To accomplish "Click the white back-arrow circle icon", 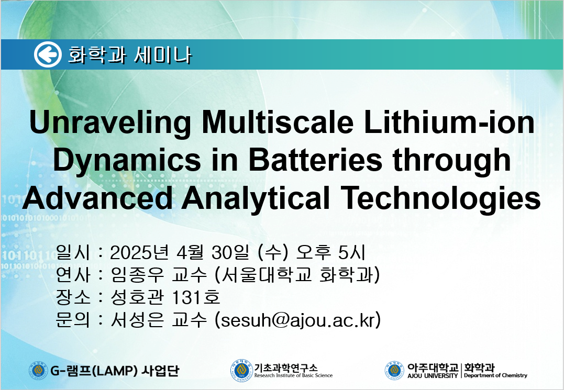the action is [48, 54].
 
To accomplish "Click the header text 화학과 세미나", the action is [130, 55].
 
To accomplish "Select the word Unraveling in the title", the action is [110, 124].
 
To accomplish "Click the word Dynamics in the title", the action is [127, 161].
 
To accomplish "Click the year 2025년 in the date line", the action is [140, 252].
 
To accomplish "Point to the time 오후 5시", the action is [330, 252].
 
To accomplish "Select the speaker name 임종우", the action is [137, 275].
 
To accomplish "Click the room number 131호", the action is [196, 297].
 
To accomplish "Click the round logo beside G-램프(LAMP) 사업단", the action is [38, 371].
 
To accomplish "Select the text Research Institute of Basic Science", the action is [293, 376].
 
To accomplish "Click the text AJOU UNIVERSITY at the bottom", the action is [433, 376].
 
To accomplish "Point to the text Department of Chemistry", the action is [495, 376].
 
